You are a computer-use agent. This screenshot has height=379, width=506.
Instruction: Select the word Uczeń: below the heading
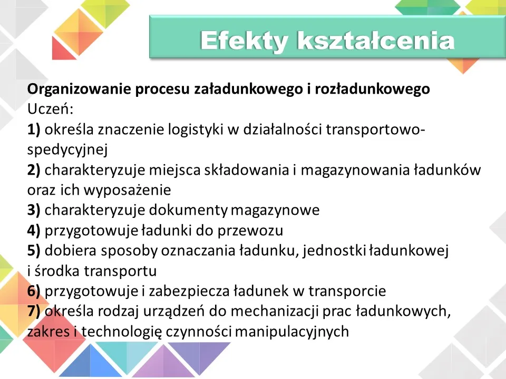(50, 109)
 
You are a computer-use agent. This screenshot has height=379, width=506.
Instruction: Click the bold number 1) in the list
(34, 129)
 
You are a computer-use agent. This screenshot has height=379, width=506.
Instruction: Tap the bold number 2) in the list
(34, 170)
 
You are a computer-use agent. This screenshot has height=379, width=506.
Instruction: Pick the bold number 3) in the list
(34, 210)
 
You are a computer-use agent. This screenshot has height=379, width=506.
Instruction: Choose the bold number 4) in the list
(34, 230)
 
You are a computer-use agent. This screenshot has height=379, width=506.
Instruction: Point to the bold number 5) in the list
(34, 251)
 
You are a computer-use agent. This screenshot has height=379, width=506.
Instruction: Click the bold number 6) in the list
(34, 291)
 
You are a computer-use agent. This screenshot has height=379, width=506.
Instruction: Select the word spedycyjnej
(67, 150)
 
